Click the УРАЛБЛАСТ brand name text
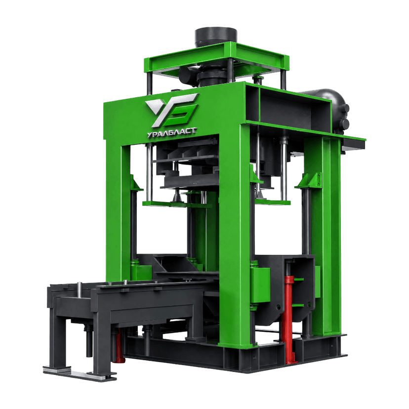coord(171,132)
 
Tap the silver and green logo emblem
coord(172,110)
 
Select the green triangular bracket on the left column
coord(136,183)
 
